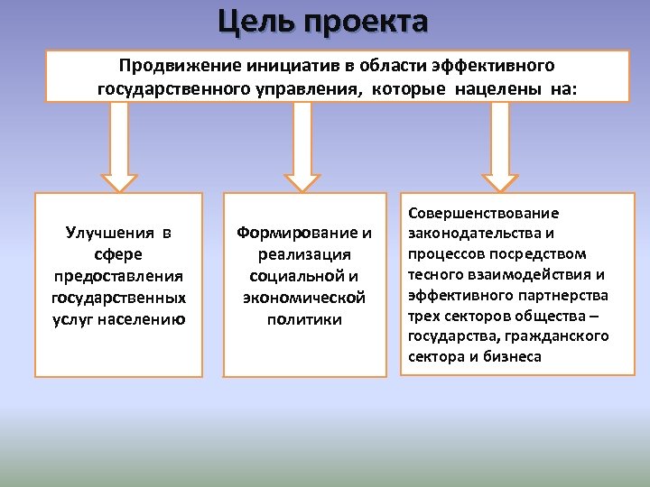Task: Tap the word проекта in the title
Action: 368,22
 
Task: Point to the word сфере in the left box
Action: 118,254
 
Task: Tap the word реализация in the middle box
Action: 304,254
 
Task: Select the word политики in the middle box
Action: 304,319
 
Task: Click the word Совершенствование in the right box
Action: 484,213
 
